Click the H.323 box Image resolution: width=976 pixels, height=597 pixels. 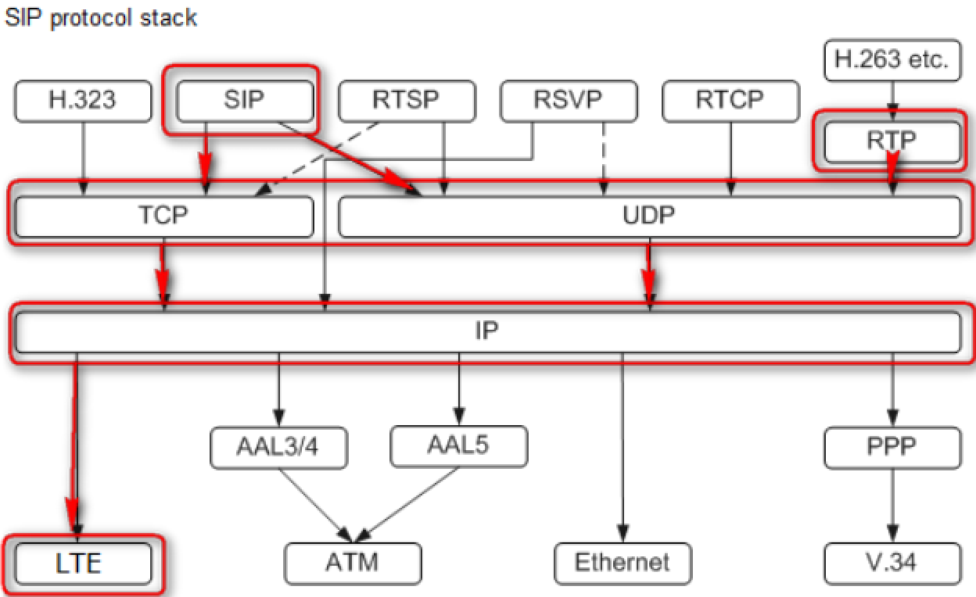point(82,102)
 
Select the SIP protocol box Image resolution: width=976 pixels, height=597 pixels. point(245,102)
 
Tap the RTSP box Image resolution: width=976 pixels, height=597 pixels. point(407,102)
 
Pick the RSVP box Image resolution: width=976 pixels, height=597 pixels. point(569,102)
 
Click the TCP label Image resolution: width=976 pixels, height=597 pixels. point(163,216)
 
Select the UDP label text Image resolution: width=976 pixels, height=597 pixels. point(649,216)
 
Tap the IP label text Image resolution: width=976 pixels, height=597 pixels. point(486,331)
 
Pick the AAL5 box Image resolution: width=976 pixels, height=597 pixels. point(458,445)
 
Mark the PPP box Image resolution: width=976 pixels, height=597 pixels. point(892,447)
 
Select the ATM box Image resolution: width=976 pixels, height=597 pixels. point(353,563)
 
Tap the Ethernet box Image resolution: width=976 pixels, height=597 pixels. point(623,563)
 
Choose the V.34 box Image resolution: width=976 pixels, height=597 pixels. point(892,563)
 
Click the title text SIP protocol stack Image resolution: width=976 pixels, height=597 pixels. point(100,17)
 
